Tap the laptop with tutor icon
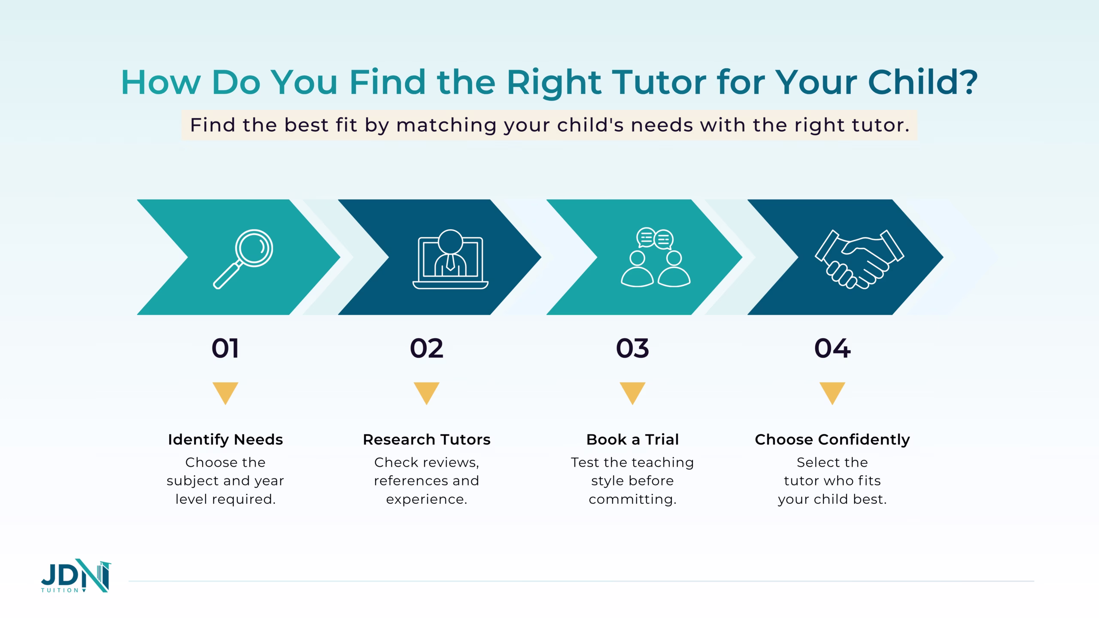pos(450,259)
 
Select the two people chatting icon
pos(656,257)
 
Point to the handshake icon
pos(859,259)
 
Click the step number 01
pos(225,348)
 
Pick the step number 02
pos(426,348)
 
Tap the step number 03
pos(632,348)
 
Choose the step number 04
pos(832,348)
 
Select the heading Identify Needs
pos(225,439)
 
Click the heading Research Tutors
pos(426,439)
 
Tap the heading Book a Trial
pos(632,439)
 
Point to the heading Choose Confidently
pos(832,439)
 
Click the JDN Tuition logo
pos(76,576)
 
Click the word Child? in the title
pos(923,82)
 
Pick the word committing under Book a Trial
pos(632,500)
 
